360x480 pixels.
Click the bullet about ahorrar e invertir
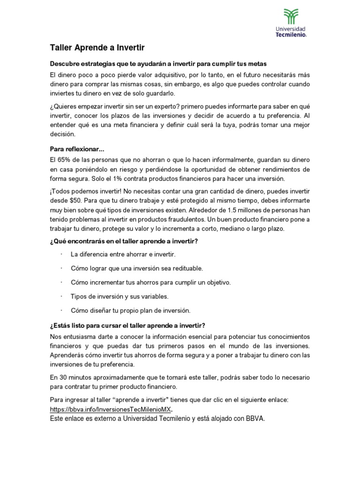(122, 254)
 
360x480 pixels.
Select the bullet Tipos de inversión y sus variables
(119, 296)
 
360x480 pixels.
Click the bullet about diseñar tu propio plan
(130, 310)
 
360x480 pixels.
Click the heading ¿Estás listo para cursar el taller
(127, 325)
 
